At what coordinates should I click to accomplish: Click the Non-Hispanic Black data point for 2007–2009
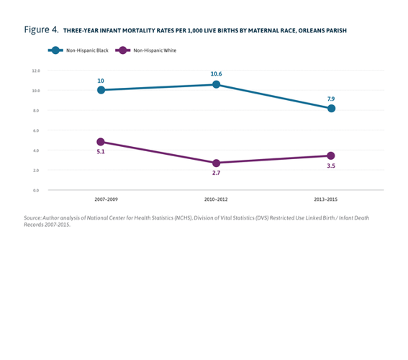pos(101,90)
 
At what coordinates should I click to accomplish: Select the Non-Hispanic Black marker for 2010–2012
pos(216,84)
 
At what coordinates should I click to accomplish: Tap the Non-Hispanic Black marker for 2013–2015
pos(331,109)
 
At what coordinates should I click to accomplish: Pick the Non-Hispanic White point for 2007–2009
pos(101,142)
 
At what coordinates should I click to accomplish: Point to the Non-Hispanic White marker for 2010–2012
pos(216,163)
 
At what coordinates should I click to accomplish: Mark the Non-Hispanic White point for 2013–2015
pos(331,156)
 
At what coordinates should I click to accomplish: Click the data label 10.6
pos(216,73)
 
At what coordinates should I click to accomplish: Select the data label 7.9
pos(331,98)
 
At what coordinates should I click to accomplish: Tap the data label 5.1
pos(101,153)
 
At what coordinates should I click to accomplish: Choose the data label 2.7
pos(216,174)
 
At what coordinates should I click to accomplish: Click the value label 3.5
pos(331,166)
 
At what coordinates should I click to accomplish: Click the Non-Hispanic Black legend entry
pos(79,50)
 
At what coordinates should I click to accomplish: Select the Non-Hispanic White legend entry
pos(148,50)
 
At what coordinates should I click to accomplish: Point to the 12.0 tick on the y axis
pos(35,71)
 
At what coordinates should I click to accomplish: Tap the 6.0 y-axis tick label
pos(35,130)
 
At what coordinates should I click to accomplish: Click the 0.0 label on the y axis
pos(35,190)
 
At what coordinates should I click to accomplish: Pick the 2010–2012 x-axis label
pos(216,198)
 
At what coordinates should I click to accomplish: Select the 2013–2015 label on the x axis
pos(331,198)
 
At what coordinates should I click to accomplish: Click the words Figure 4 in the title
pos(41,30)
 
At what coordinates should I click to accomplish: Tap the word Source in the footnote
pos(33,217)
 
